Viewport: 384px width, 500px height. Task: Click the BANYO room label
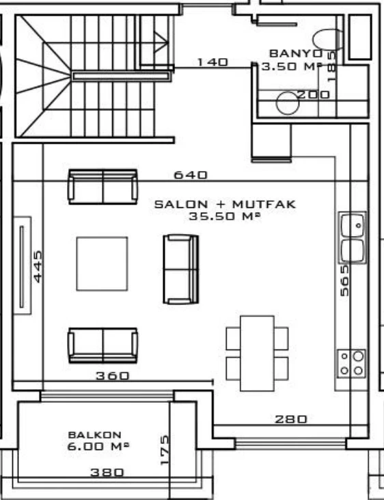click(294, 53)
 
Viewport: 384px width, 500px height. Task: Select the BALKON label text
click(94, 434)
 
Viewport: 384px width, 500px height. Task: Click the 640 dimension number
click(191, 175)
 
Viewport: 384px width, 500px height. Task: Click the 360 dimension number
click(112, 376)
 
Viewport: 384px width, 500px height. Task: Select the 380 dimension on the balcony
click(107, 472)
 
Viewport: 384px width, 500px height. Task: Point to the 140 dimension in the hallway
click(212, 62)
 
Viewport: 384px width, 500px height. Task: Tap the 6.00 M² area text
click(98, 446)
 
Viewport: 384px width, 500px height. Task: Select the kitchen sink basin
click(353, 224)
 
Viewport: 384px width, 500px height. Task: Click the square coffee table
click(102, 263)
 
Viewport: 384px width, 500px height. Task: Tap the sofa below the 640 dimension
click(102, 187)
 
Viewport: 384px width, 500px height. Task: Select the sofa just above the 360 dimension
click(102, 345)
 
